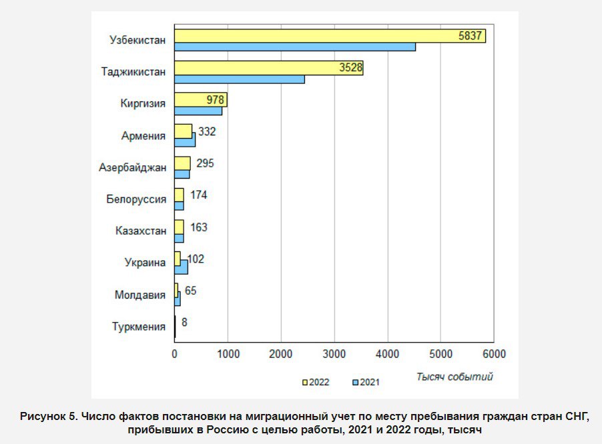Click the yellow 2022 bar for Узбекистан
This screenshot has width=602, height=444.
coord(330,36)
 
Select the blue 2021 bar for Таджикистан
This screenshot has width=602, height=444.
coord(240,79)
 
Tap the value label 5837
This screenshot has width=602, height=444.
coord(470,35)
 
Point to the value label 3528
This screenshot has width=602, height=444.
coord(350,67)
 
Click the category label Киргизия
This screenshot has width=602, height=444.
coord(143,103)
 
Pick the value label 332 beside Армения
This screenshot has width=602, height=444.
coord(207,131)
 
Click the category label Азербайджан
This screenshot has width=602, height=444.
coord(132,167)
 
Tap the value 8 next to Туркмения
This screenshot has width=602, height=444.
coord(184,322)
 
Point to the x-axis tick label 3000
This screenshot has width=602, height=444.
coord(334,354)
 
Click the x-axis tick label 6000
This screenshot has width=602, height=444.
coord(494,354)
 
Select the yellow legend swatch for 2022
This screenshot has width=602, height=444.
coord(305,382)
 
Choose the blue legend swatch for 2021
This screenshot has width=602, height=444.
coord(356,382)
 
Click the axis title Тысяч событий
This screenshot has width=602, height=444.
coord(455,377)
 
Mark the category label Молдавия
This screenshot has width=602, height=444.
coord(140,295)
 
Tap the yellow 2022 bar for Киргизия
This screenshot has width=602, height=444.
coord(201,100)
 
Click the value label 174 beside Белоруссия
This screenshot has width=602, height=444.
coord(198,195)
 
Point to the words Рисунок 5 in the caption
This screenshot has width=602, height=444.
coord(48,417)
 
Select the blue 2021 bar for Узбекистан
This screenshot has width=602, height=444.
coord(295,47)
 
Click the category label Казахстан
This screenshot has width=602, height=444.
coord(141,231)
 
